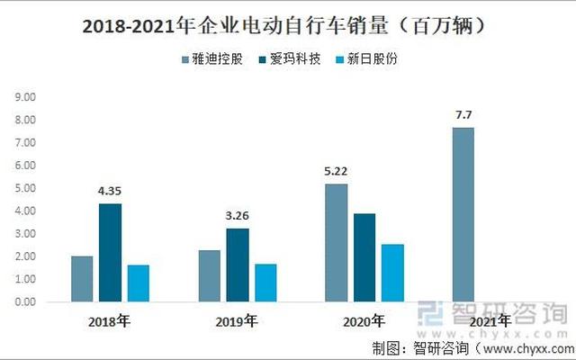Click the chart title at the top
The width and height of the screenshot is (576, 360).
point(287,25)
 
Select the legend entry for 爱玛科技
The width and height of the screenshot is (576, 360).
point(290,60)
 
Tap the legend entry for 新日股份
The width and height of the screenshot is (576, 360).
point(366,60)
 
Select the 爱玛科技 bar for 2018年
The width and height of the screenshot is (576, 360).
point(110,252)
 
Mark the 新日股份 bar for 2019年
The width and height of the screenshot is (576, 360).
point(265,283)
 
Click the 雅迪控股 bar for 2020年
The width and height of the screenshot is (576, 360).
point(336,243)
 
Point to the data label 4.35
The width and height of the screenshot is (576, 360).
point(110,191)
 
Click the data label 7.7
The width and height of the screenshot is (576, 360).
point(463,114)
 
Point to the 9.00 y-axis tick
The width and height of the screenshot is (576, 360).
point(25,97)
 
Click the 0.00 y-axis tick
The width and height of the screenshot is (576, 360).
point(25,302)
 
